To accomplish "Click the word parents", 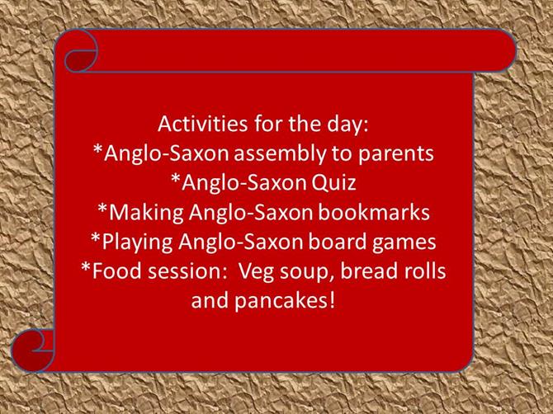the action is (x=396, y=155).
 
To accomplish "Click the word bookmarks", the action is (x=374, y=213).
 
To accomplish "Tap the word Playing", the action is (x=137, y=242).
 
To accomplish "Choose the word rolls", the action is (x=425, y=271).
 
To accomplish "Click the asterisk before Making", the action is (x=102, y=208).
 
